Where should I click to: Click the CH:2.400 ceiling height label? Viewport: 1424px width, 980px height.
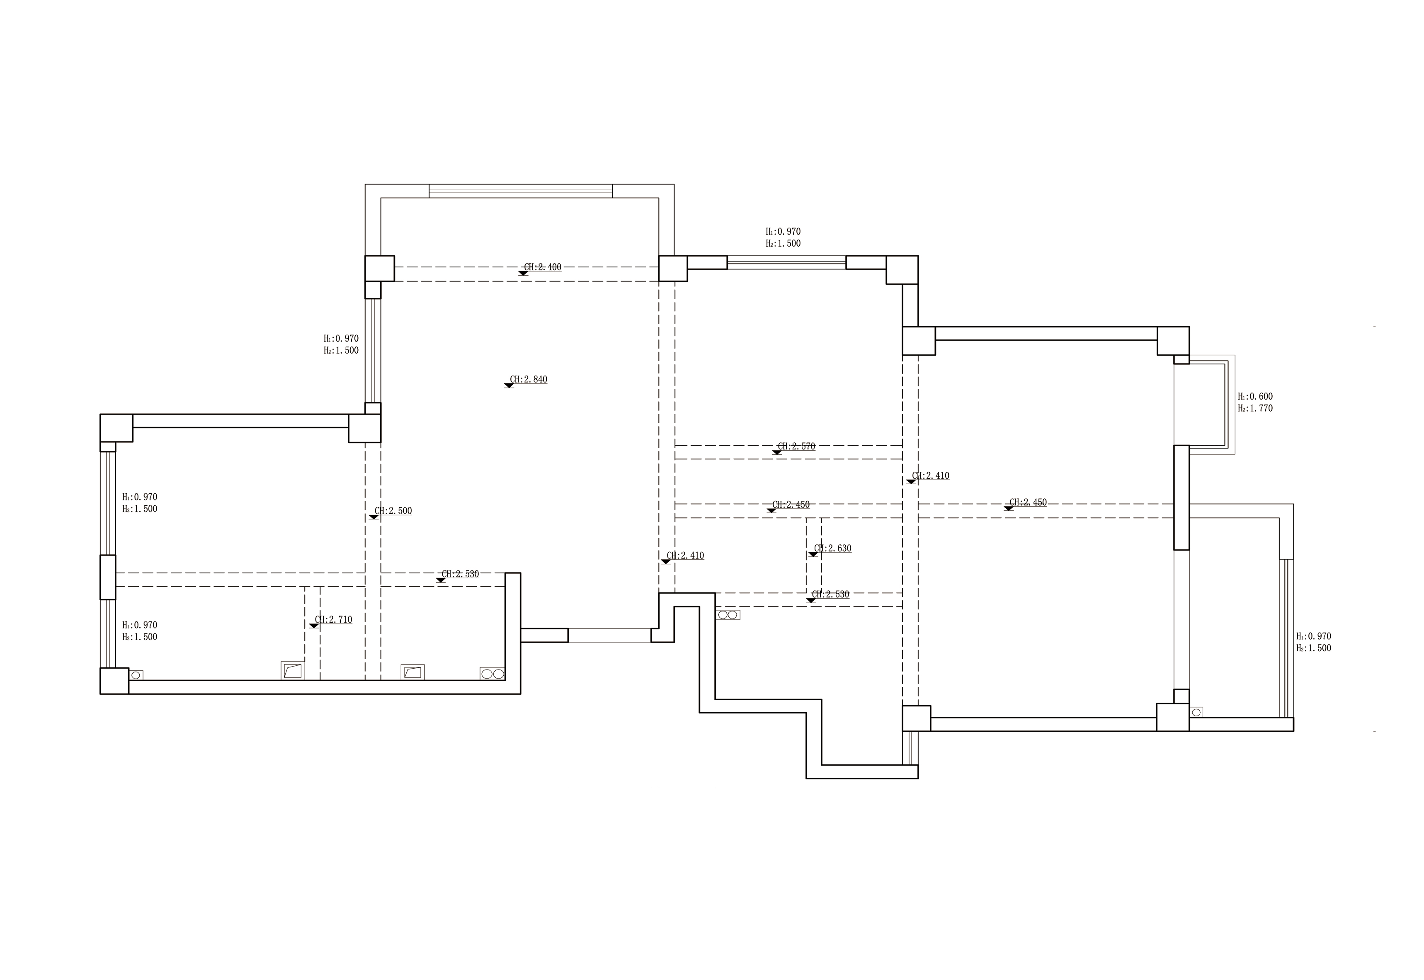coord(542,267)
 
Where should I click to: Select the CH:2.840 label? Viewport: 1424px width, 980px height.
coord(528,379)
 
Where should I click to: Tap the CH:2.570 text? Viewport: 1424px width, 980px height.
coord(796,446)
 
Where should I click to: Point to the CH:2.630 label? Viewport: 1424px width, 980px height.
coord(833,548)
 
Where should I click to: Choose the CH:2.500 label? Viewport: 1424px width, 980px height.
coord(393,511)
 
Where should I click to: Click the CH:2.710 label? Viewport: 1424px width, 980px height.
coord(333,620)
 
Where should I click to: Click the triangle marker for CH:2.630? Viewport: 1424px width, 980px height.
coord(813,555)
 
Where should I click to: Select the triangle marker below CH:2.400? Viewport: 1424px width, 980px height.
coord(523,273)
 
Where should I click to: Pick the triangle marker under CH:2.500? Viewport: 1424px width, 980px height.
coord(374,517)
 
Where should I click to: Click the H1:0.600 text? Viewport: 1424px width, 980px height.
coord(1255,397)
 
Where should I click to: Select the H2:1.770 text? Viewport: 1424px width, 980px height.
coord(1255,408)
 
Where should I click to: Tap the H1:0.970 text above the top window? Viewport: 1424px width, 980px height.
coord(783,231)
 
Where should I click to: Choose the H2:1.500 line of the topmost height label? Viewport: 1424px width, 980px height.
coord(783,243)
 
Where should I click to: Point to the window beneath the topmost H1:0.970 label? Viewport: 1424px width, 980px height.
coord(786,263)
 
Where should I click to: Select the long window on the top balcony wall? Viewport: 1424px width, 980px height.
coord(521,191)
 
